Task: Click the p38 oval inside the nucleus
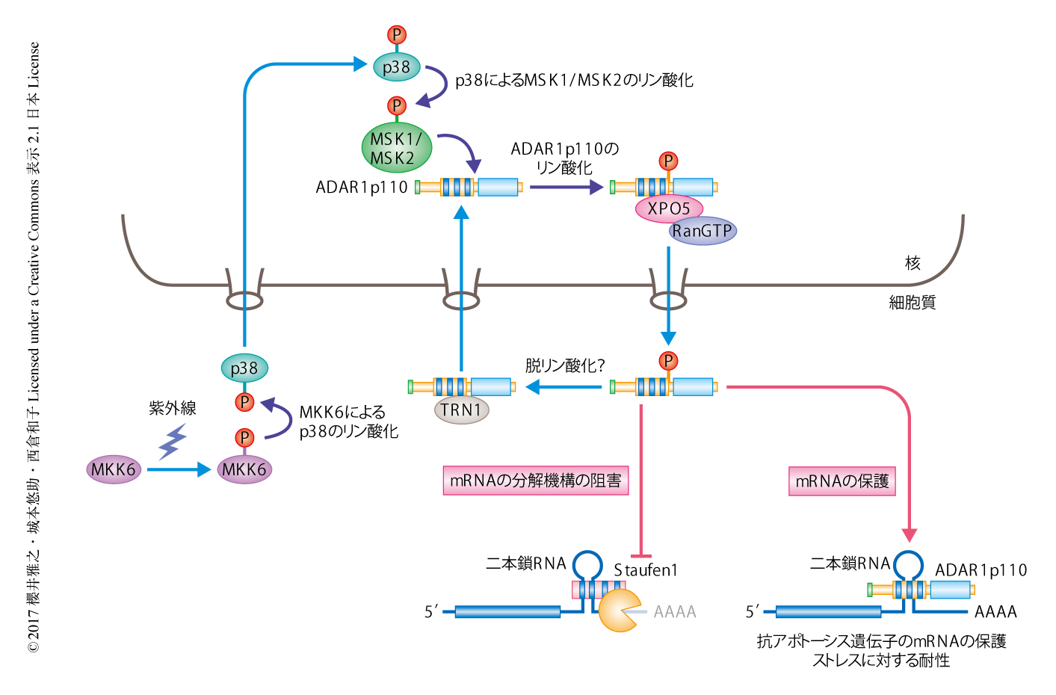pos(397,67)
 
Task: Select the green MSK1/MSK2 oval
pos(396,148)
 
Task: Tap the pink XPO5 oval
pos(668,208)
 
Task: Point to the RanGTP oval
pos(703,231)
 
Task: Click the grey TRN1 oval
pos(461,410)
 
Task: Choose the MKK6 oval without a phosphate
pos(114,469)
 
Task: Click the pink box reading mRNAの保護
pos(842,481)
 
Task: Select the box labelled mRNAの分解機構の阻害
pos(535,481)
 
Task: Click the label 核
pos(912,263)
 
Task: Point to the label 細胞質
pos(912,303)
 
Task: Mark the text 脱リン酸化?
pos(564,365)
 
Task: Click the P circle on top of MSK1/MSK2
pos(397,105)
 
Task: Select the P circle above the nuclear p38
pos(397,34)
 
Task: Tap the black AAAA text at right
pos(995,612)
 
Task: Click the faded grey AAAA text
pos(674,612)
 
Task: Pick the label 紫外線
pos(172,408)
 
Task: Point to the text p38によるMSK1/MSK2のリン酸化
pos(574,80)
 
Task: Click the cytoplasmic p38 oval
pos(244,368)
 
